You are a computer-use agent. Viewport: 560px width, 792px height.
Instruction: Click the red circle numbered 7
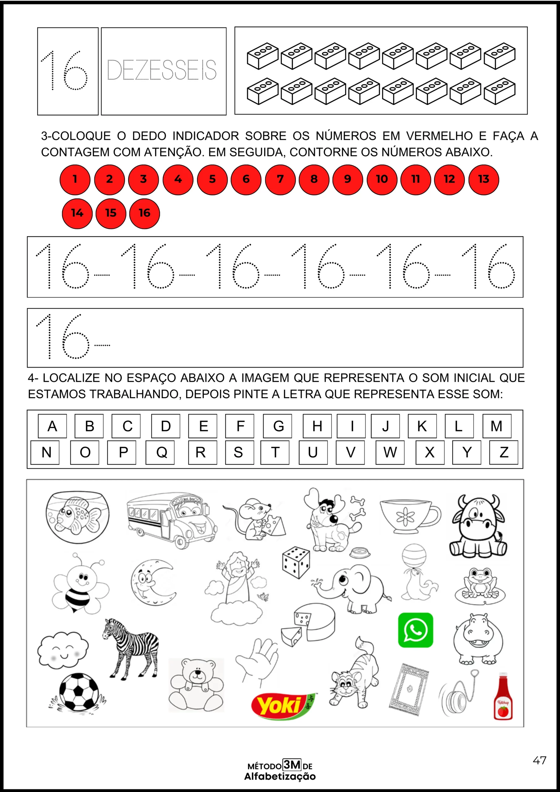point(280,179)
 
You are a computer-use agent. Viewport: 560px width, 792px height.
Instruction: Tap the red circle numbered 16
point(144,213)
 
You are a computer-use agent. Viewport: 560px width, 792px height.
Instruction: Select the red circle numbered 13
point(483,179)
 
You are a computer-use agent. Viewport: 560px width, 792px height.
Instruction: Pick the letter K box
point(422,426)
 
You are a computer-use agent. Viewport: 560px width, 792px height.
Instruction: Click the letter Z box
point(503,452)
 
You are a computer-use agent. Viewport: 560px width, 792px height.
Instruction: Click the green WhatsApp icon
point(416,630)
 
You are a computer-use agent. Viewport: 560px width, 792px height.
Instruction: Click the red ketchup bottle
point(503,697)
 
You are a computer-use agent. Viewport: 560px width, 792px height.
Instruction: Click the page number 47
point(539,760)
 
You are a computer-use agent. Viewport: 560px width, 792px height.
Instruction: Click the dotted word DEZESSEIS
point(162,70)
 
